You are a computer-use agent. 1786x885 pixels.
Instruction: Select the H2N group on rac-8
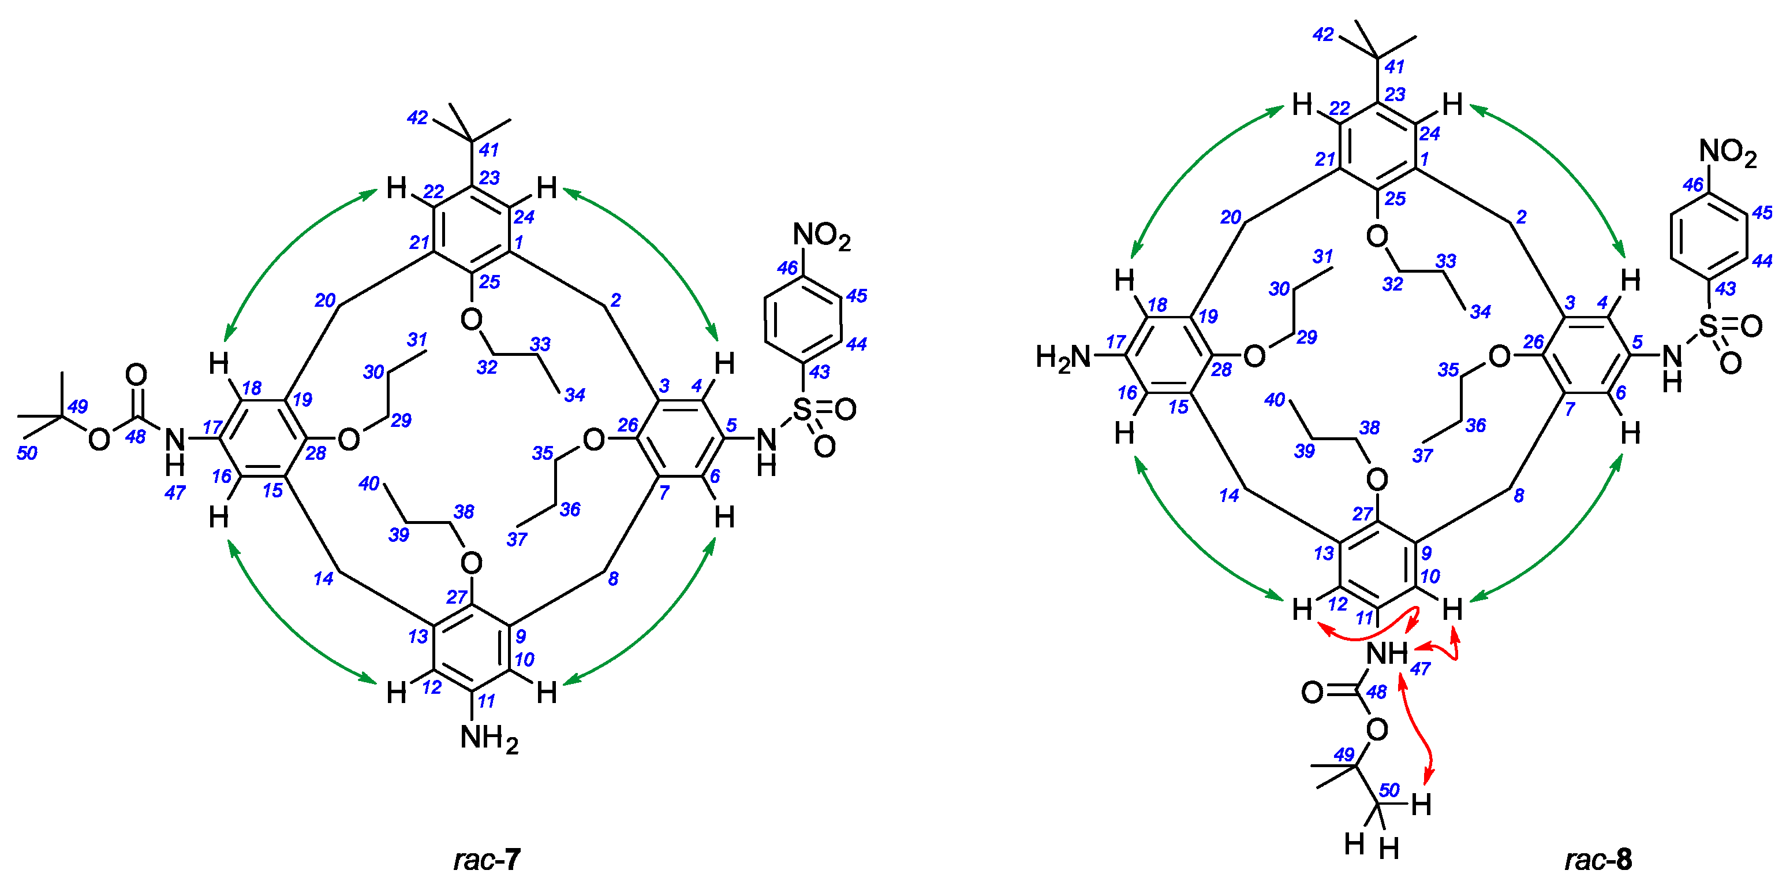[1063, 357]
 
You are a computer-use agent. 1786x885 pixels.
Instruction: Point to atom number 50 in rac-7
[27, 453]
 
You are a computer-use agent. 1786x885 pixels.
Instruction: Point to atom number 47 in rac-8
[1420, 668]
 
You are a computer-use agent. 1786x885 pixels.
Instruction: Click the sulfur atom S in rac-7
[802, 409]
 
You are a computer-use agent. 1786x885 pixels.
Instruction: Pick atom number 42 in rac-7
[417, 118]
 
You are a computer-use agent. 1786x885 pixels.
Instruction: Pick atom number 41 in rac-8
[1394, 66]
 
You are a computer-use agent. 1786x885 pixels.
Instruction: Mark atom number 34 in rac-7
[574, 395]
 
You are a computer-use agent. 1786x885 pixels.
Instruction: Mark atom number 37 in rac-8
[1422, 456]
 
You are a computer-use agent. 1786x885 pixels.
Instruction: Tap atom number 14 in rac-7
[323, 578]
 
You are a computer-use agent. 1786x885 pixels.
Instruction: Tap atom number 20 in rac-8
[1231, 217]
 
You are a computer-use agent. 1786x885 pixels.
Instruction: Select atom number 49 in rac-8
[1344, 754]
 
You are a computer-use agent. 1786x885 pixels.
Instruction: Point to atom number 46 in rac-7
[787, 267]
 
